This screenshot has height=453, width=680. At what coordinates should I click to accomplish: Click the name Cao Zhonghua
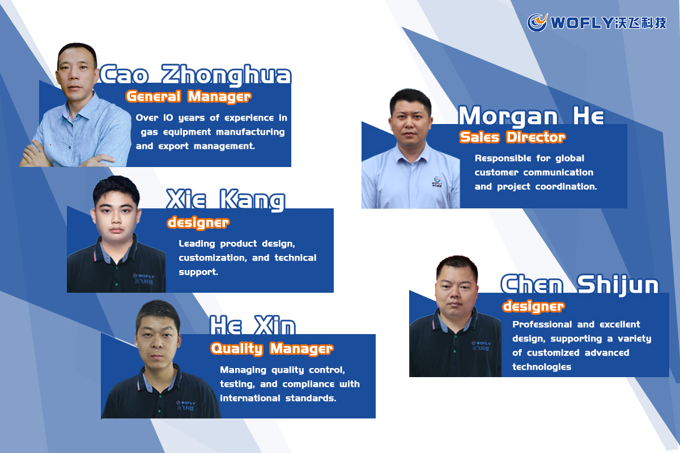[195, 75]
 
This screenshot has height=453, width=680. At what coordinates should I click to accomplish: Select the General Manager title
[188, 96]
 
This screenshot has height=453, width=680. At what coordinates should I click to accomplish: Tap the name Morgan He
[531, 116]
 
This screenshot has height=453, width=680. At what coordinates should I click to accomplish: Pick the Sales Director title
[512, 137]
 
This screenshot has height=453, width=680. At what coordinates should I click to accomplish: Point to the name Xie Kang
[226, 200]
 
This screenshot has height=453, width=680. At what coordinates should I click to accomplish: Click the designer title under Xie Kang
[198, 223]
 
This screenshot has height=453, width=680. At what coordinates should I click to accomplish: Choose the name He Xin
[253, 326]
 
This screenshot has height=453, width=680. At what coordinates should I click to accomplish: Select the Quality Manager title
[272, 348]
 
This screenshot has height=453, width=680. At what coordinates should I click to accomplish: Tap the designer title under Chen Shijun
[533, 306]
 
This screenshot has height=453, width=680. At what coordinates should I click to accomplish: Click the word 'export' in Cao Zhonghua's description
[175, 146]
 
